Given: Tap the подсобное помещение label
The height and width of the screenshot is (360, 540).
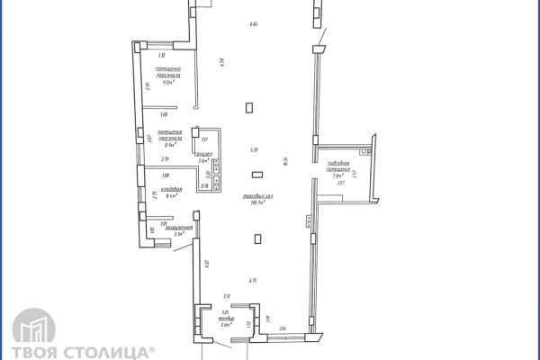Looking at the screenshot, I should [x=338, y=165].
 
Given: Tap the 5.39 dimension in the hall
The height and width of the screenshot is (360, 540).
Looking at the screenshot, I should [x=255, y=149].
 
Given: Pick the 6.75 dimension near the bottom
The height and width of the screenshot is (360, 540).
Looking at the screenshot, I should [x=254, y=280].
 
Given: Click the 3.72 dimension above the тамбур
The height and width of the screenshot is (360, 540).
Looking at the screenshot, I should [x=227, y=296].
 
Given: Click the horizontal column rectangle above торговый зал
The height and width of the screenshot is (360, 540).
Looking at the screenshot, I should [x=257, y=175].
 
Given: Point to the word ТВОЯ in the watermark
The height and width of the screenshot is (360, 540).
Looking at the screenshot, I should [x=31, y=351].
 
